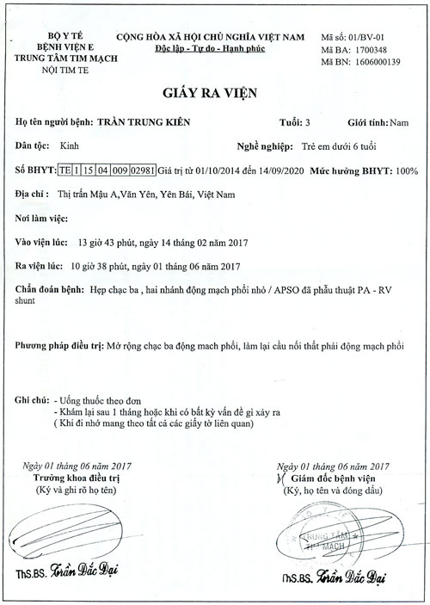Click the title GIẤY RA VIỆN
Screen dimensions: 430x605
coord(215,93)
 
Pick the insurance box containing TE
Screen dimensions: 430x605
coord(64,172)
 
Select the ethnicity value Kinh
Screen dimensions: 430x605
coord(66,147)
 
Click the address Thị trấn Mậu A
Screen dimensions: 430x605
coord(87,195)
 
